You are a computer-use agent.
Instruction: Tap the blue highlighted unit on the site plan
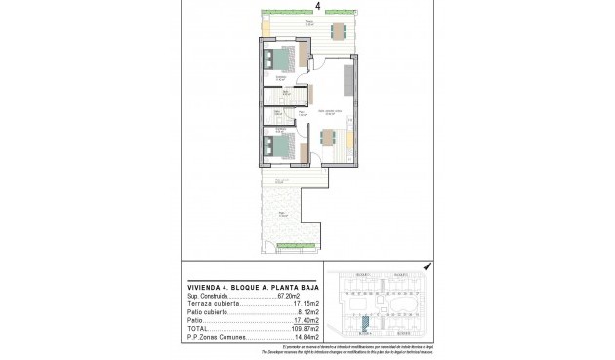coord(365,329)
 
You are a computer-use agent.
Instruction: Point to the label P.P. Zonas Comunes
coord(215,339)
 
